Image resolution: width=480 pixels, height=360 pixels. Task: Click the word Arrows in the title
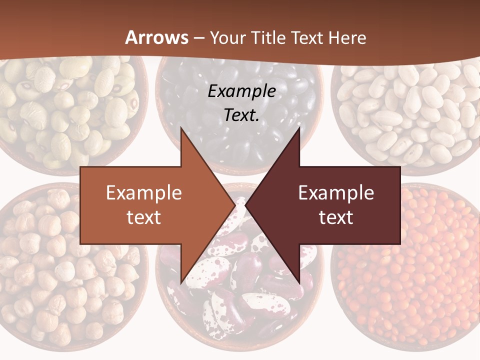[156, 38]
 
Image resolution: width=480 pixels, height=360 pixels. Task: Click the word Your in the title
[227, 38]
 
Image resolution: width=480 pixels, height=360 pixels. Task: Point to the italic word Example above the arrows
[241, 91]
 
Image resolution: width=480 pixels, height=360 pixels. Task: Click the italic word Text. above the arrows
[241, 115]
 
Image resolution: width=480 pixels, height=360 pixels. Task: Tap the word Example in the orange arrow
[143, 193]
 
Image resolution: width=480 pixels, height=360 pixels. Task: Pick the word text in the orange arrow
[143, 217]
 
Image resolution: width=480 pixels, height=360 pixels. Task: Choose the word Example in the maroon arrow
[336, 193]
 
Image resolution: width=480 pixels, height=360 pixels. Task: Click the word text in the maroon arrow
[336, 217]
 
